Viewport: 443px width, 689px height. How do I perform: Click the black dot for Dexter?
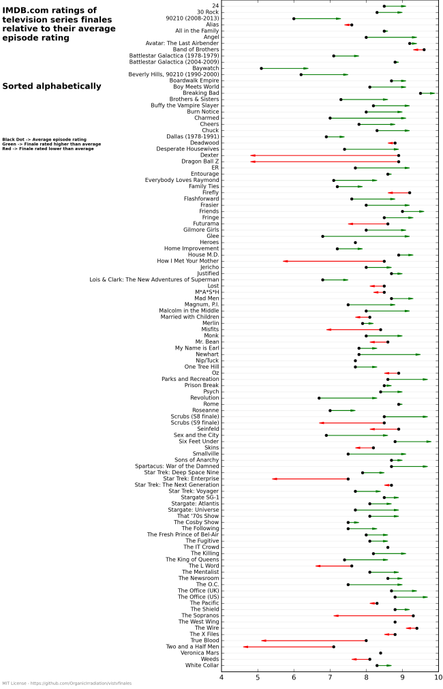[x=399, y=155]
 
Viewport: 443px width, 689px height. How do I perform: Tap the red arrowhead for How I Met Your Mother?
[x=286, y=261]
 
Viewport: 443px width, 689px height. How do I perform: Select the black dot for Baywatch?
[x=261, y=68]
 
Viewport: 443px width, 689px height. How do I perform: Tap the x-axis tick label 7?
[x=330, y=677]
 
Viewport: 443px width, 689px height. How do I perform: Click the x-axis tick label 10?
[x=438, y=677]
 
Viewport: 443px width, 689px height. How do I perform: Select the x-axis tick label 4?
[x=221, y=677]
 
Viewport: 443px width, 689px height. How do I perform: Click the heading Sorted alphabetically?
[x=52, y=87]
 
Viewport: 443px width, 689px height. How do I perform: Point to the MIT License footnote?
[x=67, y=683]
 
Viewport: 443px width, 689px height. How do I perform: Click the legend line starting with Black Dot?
[x=44, y=139]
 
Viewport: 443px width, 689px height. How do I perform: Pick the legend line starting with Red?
[x=48, y=149]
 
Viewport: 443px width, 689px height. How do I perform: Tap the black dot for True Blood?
[x=366, y=641]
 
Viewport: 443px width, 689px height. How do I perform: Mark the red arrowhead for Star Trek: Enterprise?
[x=275, y=479]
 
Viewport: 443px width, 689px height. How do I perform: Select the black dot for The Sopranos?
[x=413, y=615]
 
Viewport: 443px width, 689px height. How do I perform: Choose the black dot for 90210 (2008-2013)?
[x=294, y=18]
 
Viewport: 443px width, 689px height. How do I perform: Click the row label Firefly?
[x=211, y=193]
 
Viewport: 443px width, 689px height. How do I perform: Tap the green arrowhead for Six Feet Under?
[x=429, y=442]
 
